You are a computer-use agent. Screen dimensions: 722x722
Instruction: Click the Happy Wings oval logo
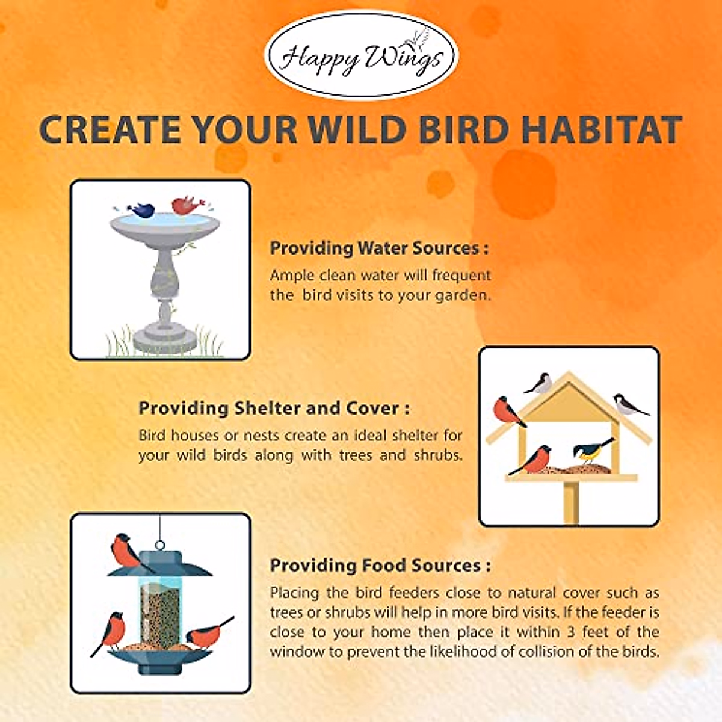click(361, 55)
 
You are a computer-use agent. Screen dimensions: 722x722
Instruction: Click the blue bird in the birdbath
click(141, 210)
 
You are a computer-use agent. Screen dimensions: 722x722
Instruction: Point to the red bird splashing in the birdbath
click(187, 206)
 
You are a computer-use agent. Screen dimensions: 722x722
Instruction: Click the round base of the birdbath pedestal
click(164, 339)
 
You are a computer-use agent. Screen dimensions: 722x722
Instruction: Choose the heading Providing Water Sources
click(379, 248)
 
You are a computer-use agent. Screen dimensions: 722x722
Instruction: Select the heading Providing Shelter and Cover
click(274, 409)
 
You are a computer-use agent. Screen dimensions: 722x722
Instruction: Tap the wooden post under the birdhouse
click(570, 502)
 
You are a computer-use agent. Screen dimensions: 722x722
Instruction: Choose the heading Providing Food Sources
click(380, 566)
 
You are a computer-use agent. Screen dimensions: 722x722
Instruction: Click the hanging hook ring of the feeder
click(160, 544)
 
